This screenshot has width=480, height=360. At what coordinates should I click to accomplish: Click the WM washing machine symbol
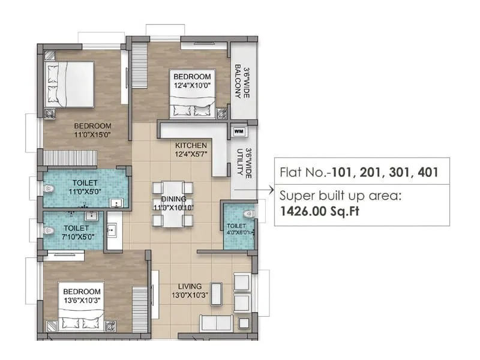[x=238, y=130]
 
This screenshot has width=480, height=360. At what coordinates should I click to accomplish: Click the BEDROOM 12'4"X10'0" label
[x=192, y=81]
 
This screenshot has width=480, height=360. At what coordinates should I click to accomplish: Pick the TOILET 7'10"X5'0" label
[x=76, y=232]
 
